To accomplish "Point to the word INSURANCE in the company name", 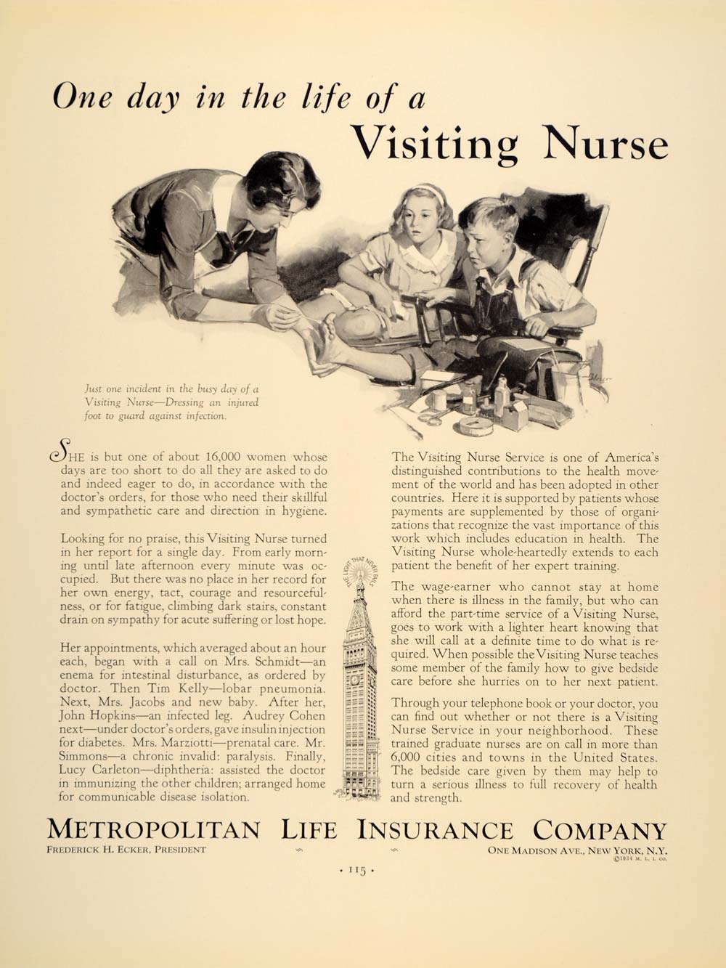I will click(x=434, y=830).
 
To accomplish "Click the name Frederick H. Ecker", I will click(x=125, y=850).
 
